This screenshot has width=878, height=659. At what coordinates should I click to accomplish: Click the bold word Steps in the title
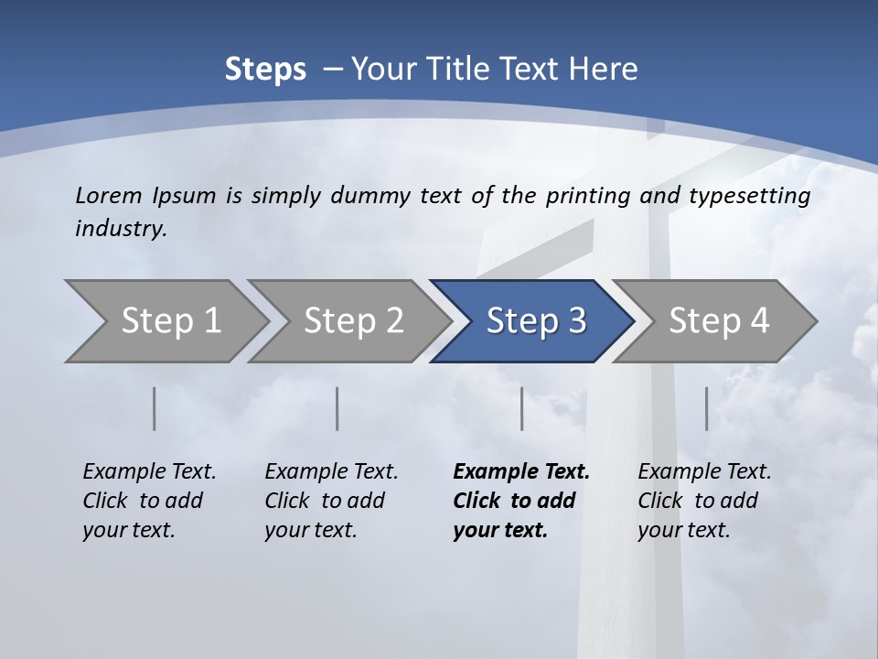[265, 70]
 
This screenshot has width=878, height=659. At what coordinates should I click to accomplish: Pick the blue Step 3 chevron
[535, 320]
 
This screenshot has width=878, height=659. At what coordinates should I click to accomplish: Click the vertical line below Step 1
[155, 408]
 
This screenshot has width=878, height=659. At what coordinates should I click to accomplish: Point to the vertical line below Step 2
[337, 408]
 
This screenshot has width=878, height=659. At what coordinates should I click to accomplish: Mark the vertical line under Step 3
[522, 408]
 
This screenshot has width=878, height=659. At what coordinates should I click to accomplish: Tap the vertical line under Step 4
[707, 408]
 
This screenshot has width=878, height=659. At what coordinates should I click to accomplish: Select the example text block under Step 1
[149, 501]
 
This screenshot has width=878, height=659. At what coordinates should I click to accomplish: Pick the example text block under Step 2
[331, 501]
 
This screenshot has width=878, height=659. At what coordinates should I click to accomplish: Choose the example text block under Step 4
[704, 501]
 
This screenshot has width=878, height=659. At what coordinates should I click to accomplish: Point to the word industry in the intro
[121, 229]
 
